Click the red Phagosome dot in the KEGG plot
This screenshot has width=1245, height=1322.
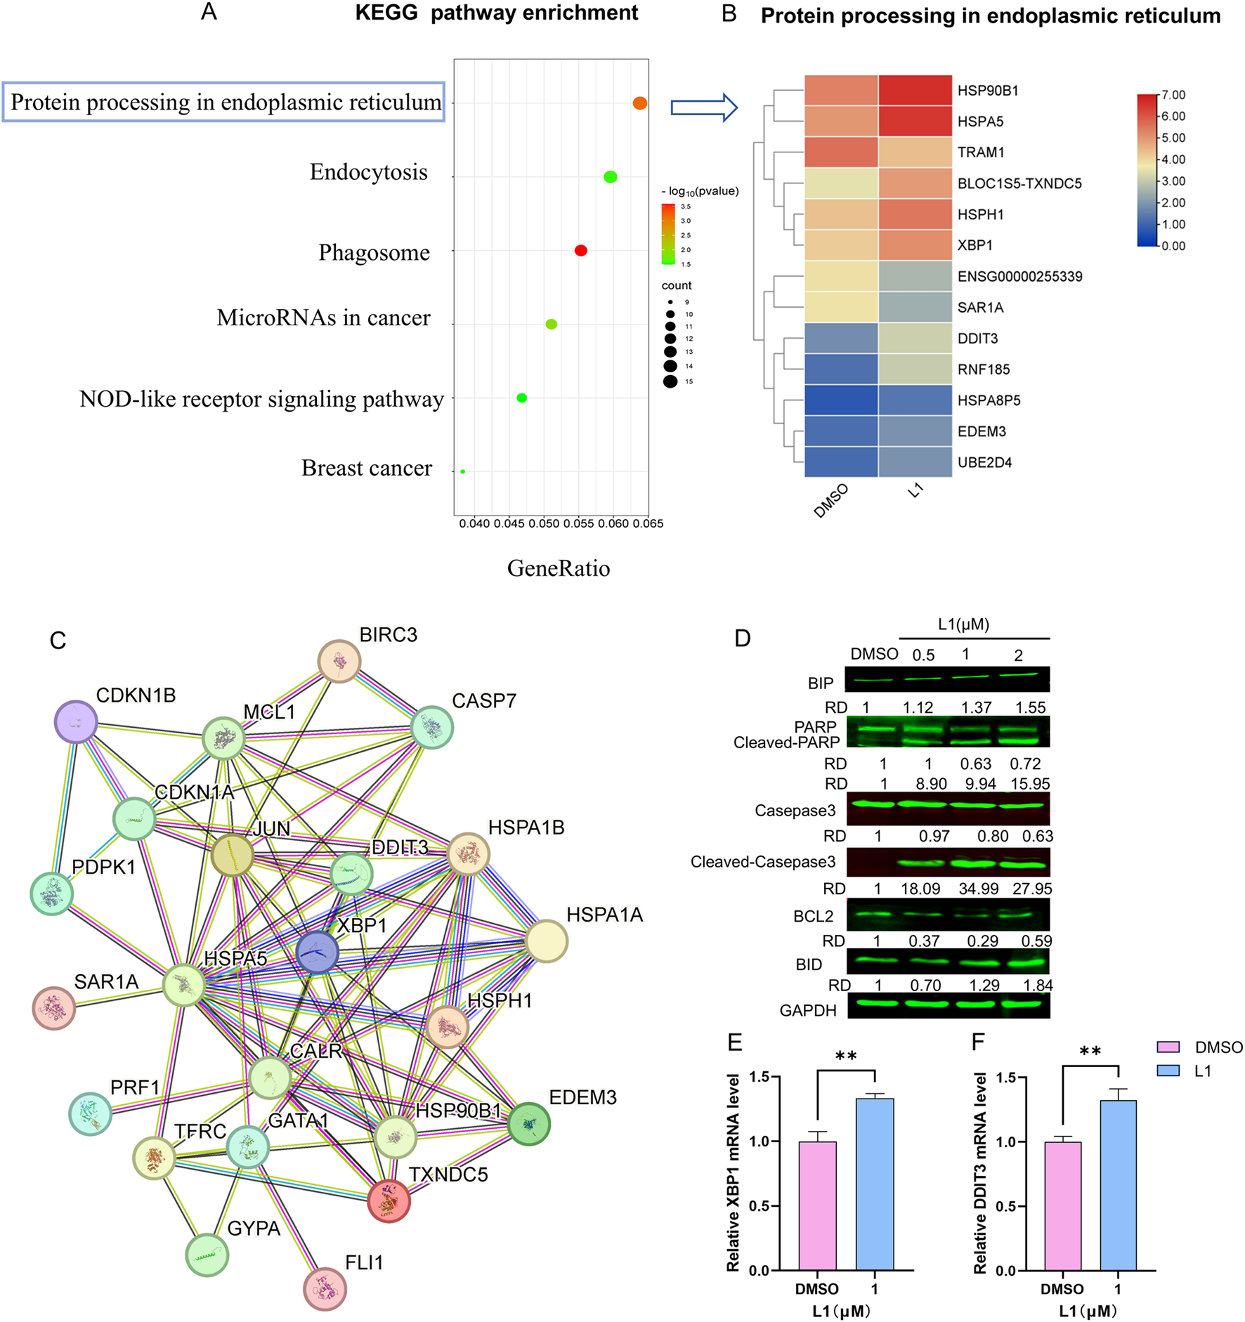click(x=580, y=251)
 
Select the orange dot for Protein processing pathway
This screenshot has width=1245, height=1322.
click(x=639, y=103)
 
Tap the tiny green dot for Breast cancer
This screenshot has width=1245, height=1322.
click(x=463, y=471)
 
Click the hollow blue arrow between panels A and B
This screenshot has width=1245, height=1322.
click(x=703, y=107)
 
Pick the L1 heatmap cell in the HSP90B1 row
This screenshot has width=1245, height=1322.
click(x=915, y=91)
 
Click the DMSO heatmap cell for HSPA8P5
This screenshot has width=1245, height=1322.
click(x=841, y=400)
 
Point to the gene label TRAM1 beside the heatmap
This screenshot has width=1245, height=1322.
click(x=981, y=152)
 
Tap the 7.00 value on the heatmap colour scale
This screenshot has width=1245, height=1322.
click(x=1173, y=95)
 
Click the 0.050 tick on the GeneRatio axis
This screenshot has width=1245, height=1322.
click(x=544, y=523)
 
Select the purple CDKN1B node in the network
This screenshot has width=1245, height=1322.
click(x=76, y=721)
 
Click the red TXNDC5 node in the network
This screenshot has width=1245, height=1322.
click(x=389, y=1200)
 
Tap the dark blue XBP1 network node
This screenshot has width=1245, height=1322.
click(x=318, y=953)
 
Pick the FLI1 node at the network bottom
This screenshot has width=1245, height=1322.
click(x=325, y=1289)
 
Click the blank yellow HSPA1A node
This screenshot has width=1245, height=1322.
click(x=547, y=941)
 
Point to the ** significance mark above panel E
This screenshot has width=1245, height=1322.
click(x=846, y=1056)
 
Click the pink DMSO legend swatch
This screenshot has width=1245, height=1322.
click(x=1168, y=1047)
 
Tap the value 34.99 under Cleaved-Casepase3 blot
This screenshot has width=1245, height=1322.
click(x=978, y=889)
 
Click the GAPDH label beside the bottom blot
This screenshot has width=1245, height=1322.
click(x=808, y=1010)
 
